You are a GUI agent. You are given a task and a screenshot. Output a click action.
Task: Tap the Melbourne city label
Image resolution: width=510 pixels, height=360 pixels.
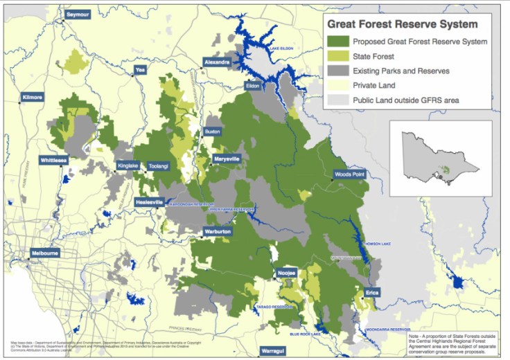click(x=44, y=253)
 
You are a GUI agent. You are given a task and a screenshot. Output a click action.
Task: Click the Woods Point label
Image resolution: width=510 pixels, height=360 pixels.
click(x=349, y=174)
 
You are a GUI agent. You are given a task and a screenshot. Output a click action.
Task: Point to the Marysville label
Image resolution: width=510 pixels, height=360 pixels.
click(x=227, y=159)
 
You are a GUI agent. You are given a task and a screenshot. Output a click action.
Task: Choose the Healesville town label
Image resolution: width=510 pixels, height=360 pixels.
click(x=149, y=202)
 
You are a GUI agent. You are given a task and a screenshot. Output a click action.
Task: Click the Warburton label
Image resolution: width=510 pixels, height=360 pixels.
click(x=218, y=231)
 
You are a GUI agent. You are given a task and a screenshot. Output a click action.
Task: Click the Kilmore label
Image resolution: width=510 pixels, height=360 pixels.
click(x=33, y=98)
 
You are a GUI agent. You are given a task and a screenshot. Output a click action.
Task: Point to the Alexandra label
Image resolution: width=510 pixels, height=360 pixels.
click(x=216, y=62)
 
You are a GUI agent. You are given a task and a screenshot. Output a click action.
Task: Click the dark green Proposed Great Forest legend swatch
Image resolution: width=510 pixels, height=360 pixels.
click(x=339, y=42)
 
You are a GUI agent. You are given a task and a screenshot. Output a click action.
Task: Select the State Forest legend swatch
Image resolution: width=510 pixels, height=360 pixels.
click(x=339, y=56)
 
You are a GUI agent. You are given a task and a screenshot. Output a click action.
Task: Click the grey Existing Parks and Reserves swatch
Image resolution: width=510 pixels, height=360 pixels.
click(x=339, y=71)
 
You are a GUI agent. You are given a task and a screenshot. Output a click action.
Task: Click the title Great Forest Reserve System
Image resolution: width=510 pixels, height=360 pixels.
click(x=403, y=24)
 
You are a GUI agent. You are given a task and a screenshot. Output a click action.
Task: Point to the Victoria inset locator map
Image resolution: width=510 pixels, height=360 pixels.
click(x=441, y=160)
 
